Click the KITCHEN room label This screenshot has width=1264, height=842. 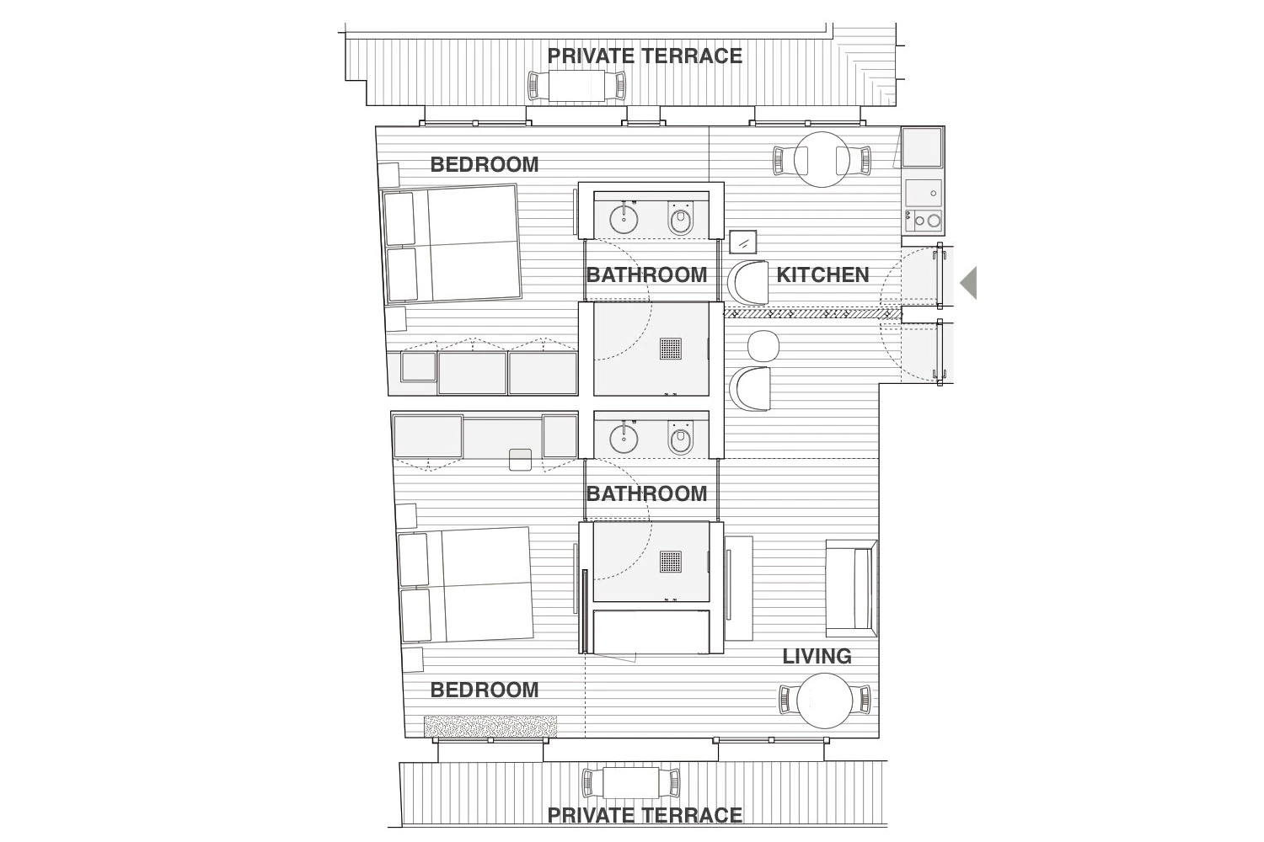[822, 275]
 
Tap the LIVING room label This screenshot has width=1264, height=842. [817, 657]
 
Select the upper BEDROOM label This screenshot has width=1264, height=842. [485, 165]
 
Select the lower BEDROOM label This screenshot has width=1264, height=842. [485, 690]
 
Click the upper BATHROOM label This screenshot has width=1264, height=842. [646, 275]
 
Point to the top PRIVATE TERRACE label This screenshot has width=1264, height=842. [645, 56]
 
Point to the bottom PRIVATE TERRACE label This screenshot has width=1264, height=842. [645, 816]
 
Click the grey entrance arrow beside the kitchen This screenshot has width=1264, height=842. [968, 283]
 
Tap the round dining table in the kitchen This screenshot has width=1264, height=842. [822, 160]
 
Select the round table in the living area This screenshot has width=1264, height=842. [824, 701]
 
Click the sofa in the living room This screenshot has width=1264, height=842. [851, 589]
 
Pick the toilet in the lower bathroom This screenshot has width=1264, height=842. [681, 438]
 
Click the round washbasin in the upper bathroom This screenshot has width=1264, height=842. [624, 218]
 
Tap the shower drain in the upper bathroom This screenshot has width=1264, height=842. [671, 349]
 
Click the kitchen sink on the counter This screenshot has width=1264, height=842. [924, 193]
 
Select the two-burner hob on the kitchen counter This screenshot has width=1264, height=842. [924, 221]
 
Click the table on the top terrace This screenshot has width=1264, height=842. [576, 86]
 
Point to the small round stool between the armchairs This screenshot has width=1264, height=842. [763, 346]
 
